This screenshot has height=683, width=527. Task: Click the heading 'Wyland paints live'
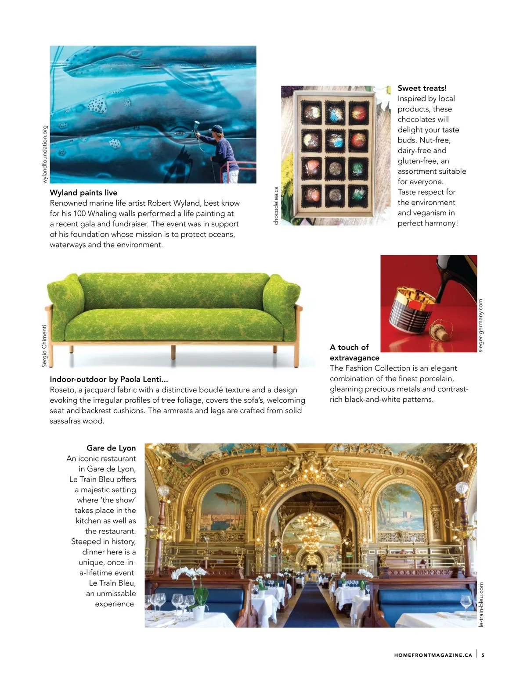(83, 193)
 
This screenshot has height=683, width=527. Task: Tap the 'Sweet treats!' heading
(422, 88)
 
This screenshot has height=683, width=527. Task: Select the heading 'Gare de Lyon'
(111, 448)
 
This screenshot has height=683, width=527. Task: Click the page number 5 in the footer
(483, 655)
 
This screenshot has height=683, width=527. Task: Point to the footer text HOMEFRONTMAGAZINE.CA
(433, 655)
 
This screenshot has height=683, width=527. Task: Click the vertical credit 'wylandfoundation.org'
(44, 154)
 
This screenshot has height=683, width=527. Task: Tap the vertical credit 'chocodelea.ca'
(276, 206)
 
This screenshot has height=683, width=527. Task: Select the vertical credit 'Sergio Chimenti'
(44, 346)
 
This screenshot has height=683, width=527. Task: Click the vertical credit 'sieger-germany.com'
(480, 325)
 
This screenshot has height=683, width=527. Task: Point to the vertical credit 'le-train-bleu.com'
(481, 604)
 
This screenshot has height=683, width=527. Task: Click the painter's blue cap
(217, 129)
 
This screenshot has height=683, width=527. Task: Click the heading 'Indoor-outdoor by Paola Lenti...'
(108, 379)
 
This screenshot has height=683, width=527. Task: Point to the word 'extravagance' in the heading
(354, 358)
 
